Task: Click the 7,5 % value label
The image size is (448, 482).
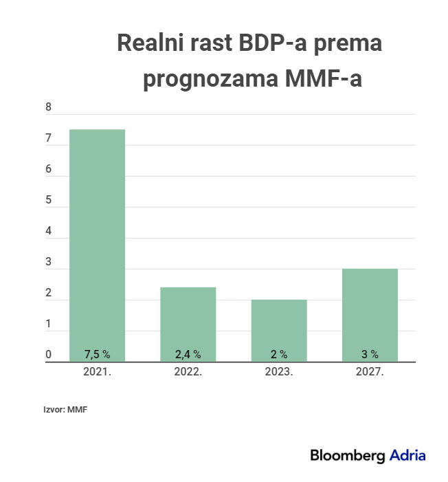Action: pos(97,355)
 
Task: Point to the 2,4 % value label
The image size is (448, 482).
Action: pos(188,355)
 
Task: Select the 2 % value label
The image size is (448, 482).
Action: pos(278,355)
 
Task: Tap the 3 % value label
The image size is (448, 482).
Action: pos(370,355)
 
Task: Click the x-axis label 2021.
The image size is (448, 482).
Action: pos(97,371)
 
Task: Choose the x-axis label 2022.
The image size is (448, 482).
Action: pos(188,371)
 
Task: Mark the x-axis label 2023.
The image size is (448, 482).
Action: pos(278,371)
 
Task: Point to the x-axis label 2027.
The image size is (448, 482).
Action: pos(370,371)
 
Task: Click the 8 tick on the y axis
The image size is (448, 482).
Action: pos(48,108)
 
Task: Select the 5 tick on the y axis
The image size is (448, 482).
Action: pos(48,201)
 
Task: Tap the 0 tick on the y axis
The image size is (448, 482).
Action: pos(48,355)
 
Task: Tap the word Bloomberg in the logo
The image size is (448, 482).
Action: pos(348,455)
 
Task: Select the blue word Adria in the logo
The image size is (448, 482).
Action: pos(407,455)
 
